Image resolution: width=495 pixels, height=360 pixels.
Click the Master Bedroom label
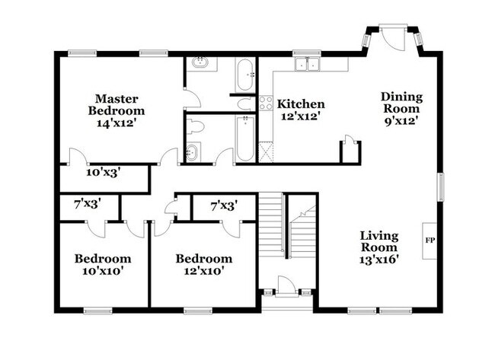click(117, 105)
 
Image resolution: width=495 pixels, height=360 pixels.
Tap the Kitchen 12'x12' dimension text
click(301, 116)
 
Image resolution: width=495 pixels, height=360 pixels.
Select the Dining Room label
click(401, 103)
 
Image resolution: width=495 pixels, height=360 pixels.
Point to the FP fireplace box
click(430, 241)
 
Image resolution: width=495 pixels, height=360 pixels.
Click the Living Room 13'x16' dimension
click(379, 260)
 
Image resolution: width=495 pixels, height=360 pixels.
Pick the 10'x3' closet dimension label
click(104, 173)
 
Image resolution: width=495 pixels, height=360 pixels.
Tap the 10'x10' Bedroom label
click(103, 270)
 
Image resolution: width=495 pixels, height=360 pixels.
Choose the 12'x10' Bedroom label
click(204, 270)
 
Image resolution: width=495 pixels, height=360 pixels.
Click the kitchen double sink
click(307, 65)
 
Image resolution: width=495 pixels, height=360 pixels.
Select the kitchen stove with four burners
click(266, 103)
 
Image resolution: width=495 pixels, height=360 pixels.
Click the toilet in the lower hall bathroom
click(195, 127)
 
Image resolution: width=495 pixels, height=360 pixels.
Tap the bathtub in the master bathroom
click(245, 75)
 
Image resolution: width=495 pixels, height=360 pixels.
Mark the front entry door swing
click(286, 286)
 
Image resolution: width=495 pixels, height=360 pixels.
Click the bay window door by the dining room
click(393, 37)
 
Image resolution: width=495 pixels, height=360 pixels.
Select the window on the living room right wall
click(440, 186)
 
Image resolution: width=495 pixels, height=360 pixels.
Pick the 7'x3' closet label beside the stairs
click(224, 206)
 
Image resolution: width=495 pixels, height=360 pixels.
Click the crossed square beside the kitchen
click(266, 152)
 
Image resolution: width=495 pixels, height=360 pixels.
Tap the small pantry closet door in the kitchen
click(349, 140)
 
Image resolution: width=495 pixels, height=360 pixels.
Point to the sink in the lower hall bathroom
click(192, 153)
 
